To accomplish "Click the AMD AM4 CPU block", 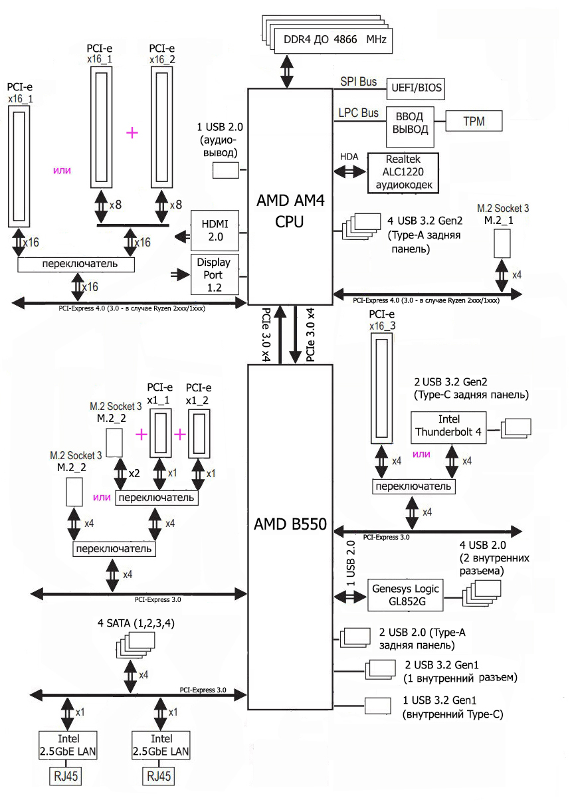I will tap(289, 196).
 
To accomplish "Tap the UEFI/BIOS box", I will tap(417, 88).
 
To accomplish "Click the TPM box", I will tap(474, 122).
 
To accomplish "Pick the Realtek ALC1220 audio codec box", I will tap(403, 173).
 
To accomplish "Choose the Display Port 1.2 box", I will tap(209, 274).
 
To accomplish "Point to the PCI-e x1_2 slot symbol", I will tap(199, 433).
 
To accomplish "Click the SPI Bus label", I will tap(358, 82).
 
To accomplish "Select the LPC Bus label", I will tap(358, 113).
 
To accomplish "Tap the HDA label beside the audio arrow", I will tap(349, 156).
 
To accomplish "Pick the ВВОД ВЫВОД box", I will tap(411, 122).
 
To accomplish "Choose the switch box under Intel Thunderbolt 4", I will tap(413, 486).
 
